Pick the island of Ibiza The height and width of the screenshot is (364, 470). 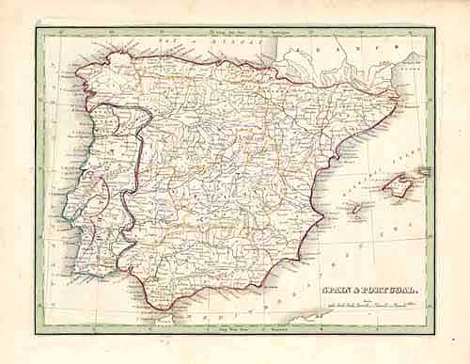tap(357, 208)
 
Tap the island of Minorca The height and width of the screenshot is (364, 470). tap(424, 172)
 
